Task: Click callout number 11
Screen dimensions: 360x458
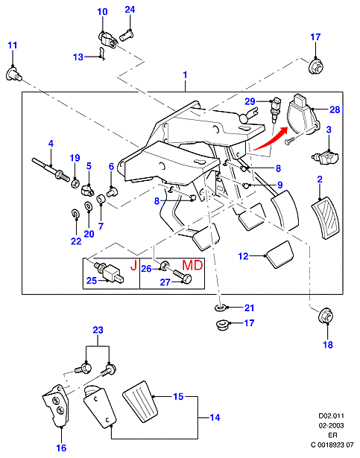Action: tap(12, 45)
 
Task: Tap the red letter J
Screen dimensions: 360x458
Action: tap(133, 266)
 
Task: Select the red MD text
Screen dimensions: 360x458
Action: tap(192, 265)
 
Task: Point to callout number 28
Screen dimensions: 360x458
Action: tap(335, 109)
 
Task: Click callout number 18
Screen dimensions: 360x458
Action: tap(328, 345)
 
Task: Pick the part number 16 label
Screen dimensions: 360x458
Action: tap(61, 448)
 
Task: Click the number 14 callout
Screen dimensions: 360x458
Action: tap(215, 418)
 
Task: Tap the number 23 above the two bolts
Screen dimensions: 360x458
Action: tap(98, 330)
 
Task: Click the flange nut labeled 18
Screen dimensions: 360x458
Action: tap(326, 317)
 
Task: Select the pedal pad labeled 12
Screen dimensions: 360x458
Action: tap(280, 255)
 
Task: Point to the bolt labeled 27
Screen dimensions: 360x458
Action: tap(182, 276)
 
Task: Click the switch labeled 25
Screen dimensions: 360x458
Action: tap(110, 273)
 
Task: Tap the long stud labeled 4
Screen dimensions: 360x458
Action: tap(51, 168)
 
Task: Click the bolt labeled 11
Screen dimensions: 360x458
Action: tap(14, 74)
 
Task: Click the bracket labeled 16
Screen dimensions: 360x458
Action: tap(56, 406)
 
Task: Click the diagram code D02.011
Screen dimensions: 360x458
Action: tap(331, 416)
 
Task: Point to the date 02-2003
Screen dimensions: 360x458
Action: tap(331, 425)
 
